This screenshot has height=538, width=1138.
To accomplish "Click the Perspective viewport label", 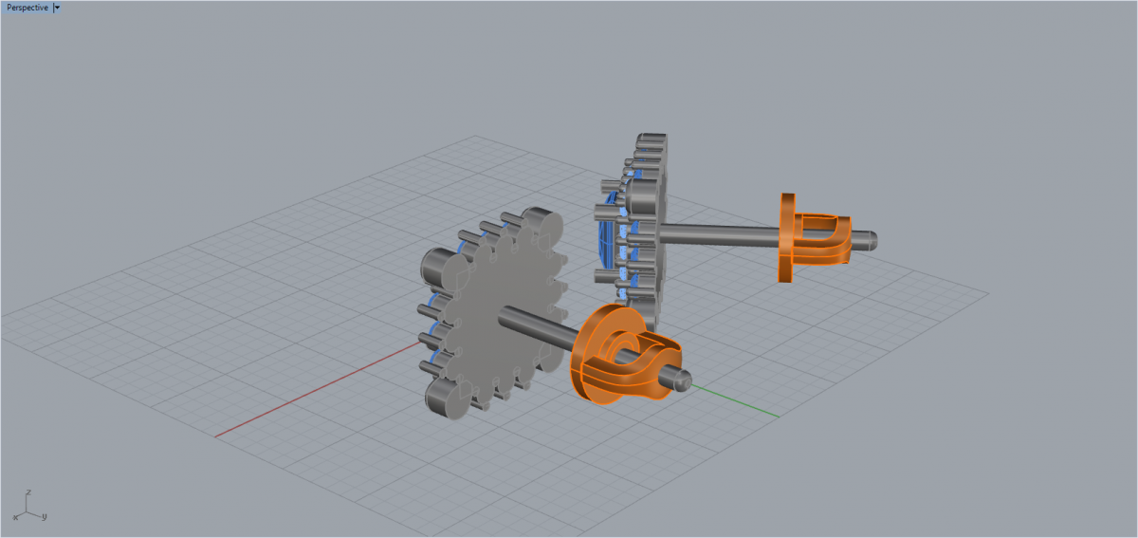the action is point(28,8).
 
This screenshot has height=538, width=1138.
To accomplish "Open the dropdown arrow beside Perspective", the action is point(57,8).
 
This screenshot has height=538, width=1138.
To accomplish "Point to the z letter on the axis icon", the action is point(28,492).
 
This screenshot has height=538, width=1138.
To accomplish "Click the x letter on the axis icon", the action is point(15,518).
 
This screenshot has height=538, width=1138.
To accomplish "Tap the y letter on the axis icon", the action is point(45,516).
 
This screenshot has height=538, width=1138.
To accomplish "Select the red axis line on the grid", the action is point(318,390).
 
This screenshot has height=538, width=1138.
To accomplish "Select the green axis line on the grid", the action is point(735,401).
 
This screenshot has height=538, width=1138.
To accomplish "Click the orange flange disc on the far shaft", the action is point(786,237).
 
